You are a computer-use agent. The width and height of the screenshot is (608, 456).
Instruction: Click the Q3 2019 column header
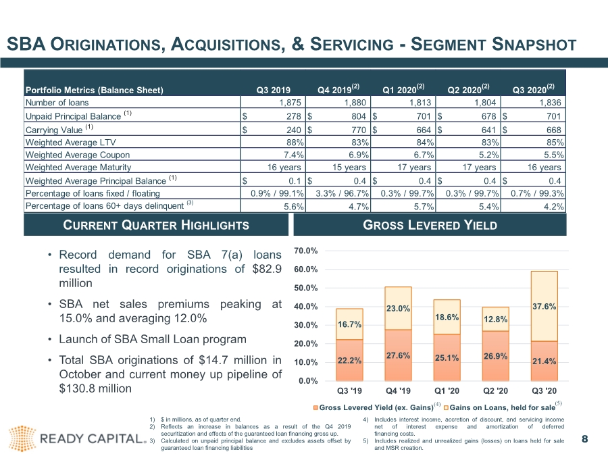click(273, 90)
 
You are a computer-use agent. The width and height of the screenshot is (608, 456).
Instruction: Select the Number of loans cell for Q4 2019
click(355, 103)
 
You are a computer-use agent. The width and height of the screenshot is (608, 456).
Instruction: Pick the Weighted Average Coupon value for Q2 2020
click(488, 155)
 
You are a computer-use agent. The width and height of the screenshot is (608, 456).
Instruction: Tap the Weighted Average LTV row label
click(70, 143)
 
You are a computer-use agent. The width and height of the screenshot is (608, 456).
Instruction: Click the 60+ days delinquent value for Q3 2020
click(553, 206)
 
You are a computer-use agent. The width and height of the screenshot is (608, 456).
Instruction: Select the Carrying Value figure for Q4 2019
click(358, 130)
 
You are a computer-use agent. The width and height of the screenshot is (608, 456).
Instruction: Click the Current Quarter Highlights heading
click(156, 225)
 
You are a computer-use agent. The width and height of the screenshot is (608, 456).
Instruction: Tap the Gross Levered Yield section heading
click(430, 225)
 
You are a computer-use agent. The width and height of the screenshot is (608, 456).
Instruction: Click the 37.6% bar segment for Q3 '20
click(544, 306)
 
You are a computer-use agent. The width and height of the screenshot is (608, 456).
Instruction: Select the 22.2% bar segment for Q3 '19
click(349, 360)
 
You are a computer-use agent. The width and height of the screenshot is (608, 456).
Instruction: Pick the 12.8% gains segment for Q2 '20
click(495, 319)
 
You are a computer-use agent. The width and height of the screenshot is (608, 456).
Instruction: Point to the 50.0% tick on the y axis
click(305, 288)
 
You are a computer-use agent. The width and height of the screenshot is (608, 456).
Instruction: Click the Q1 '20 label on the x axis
click(447, 390)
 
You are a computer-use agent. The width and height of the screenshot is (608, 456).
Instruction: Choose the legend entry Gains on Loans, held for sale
click(502, 407)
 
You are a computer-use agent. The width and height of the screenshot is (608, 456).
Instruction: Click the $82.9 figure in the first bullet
click(267, 269)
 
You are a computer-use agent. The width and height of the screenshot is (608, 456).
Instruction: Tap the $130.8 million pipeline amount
click(95, 388)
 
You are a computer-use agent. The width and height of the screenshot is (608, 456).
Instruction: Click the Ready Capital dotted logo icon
click(22, 438)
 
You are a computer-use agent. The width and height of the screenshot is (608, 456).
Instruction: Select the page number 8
click(585, 439)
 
